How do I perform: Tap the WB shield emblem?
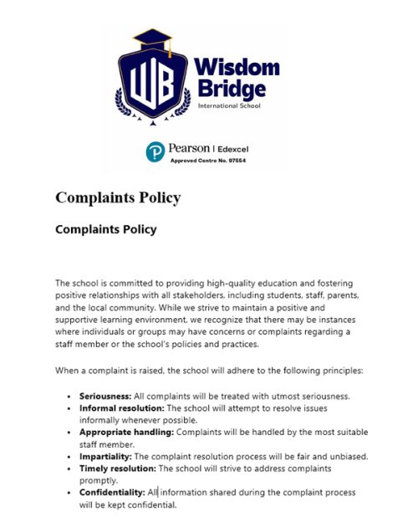point(153,83)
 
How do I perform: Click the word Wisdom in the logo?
point(237,67)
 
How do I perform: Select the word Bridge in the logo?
point(231,89)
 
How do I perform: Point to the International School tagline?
point(230,106)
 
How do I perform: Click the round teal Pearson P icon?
point(155,151)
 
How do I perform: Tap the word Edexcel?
point(232,149)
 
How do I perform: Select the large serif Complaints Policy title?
point(117,197)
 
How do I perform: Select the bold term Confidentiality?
point(112,493)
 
